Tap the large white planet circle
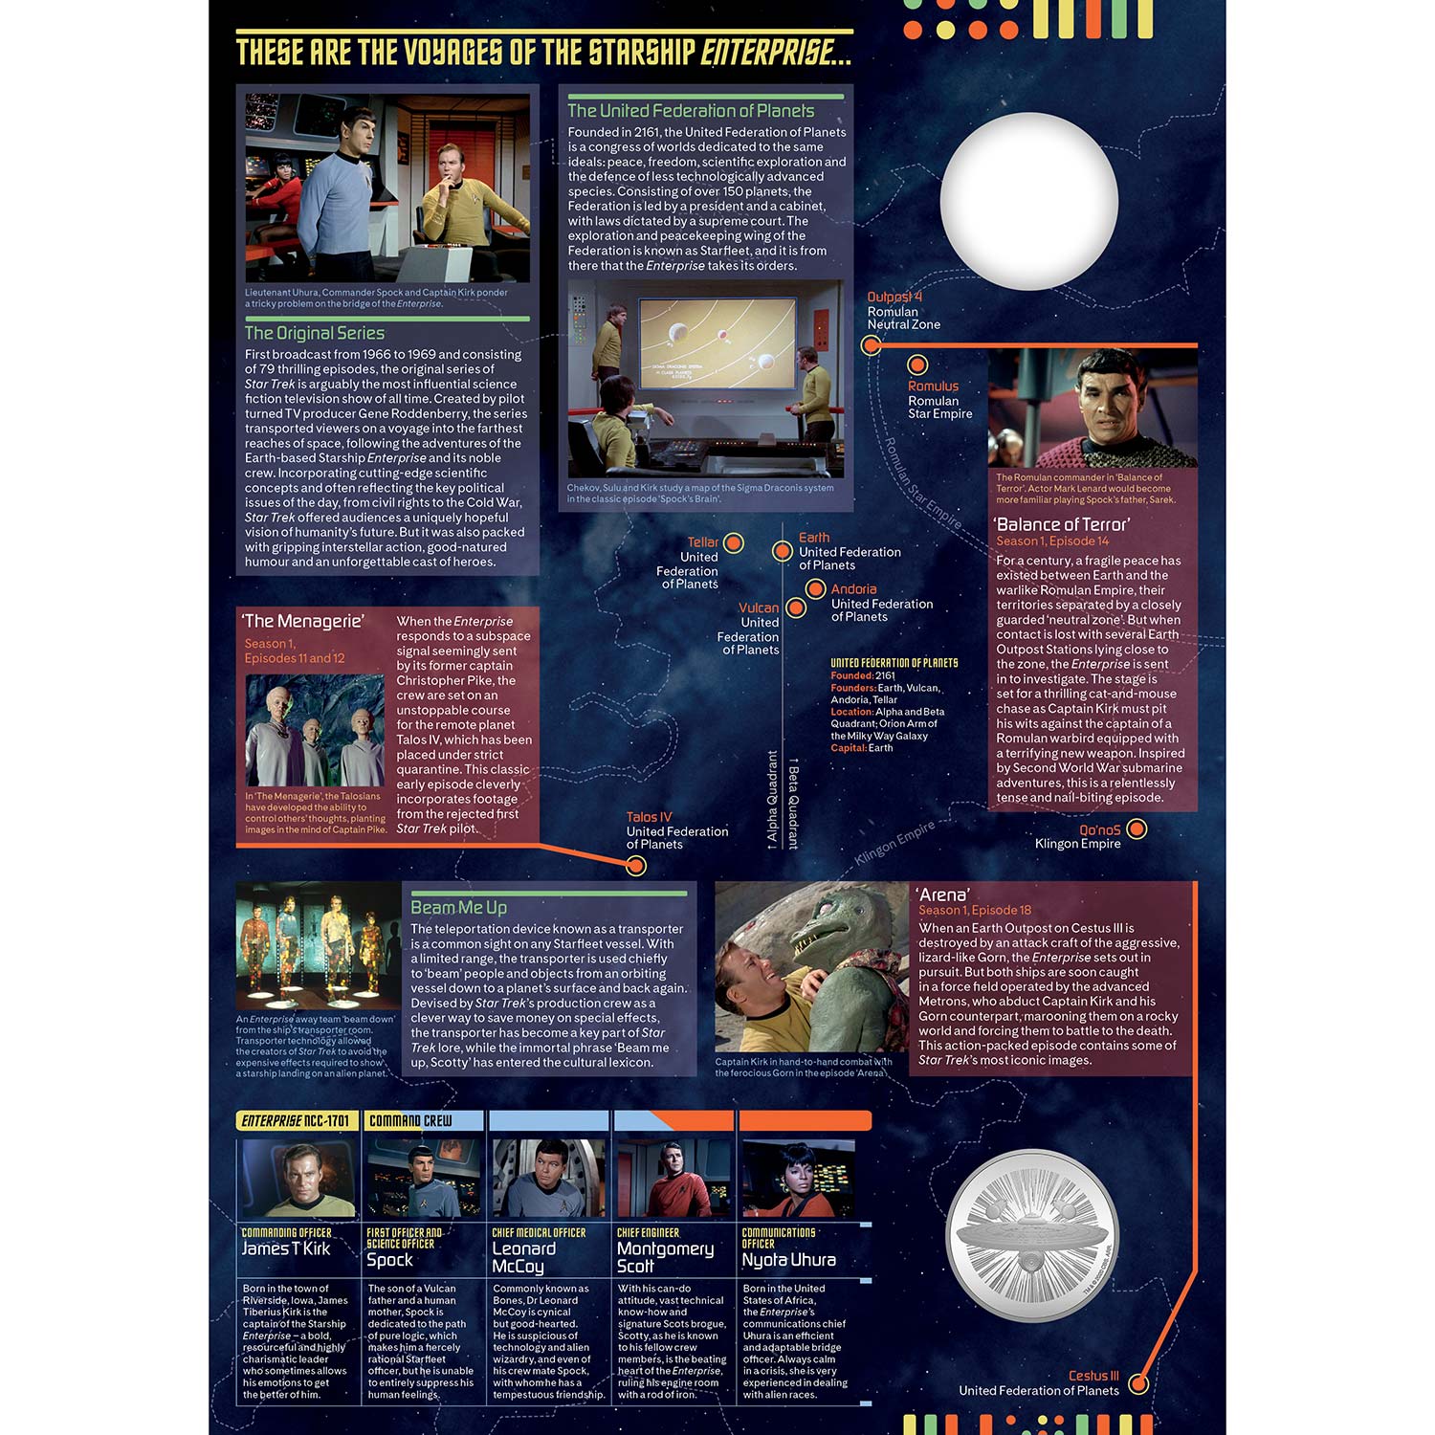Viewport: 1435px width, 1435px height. click(1029, 200)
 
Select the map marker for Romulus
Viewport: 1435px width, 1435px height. click(917, 364)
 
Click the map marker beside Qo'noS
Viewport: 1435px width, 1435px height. click(1137, 829)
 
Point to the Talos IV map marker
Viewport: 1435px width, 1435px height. click(636, 866)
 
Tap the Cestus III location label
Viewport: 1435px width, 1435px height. click(1093, 1376)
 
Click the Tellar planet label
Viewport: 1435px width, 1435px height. click(702, 542)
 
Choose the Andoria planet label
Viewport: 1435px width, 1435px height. click(853, 589)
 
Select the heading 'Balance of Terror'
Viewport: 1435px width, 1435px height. click(1062, 524)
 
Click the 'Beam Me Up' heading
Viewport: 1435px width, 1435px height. click(458, 907)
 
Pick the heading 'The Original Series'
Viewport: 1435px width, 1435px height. click(315, 333)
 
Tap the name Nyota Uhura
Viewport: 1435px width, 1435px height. click(789, 1260)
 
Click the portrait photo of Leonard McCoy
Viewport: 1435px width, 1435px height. click(547, 1179)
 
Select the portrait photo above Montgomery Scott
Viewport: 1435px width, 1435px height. click(673, 1179)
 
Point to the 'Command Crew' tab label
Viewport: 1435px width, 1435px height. click(410, 1120)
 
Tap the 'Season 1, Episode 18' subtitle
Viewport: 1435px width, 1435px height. click(975, 910)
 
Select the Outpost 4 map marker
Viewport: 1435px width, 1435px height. click(871, 345)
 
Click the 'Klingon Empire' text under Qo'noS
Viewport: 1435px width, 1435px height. click(1077, 844)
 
